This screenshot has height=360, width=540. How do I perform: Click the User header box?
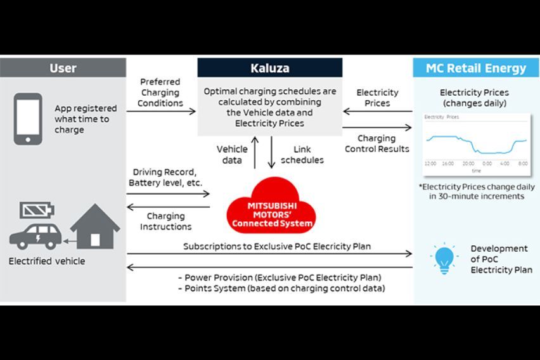pos(63,68)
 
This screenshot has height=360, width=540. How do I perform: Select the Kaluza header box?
pos(269,68)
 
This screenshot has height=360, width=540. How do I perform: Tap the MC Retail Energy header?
pos(475,68)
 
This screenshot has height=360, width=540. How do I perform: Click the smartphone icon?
pos(28,119)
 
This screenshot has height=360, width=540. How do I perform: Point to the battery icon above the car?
pos(37,210)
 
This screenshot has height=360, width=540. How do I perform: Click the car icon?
pos(35,235)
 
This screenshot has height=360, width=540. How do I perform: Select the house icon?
pos(95,226)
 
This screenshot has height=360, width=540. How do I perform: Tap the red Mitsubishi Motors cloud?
pos(272,207)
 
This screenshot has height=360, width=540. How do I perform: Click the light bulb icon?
pos(444,259)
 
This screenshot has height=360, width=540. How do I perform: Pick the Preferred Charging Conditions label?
pos(160,93)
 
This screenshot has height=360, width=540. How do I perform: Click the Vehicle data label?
pos(232,155)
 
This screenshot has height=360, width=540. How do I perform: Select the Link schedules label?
pos(302,155)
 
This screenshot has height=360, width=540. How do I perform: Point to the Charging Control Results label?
pos(376,143)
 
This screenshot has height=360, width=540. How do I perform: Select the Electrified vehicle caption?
pos(47,260)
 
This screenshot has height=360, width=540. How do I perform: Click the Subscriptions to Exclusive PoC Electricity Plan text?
pos(277,246)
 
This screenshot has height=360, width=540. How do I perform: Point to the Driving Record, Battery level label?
pos(165,177)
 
